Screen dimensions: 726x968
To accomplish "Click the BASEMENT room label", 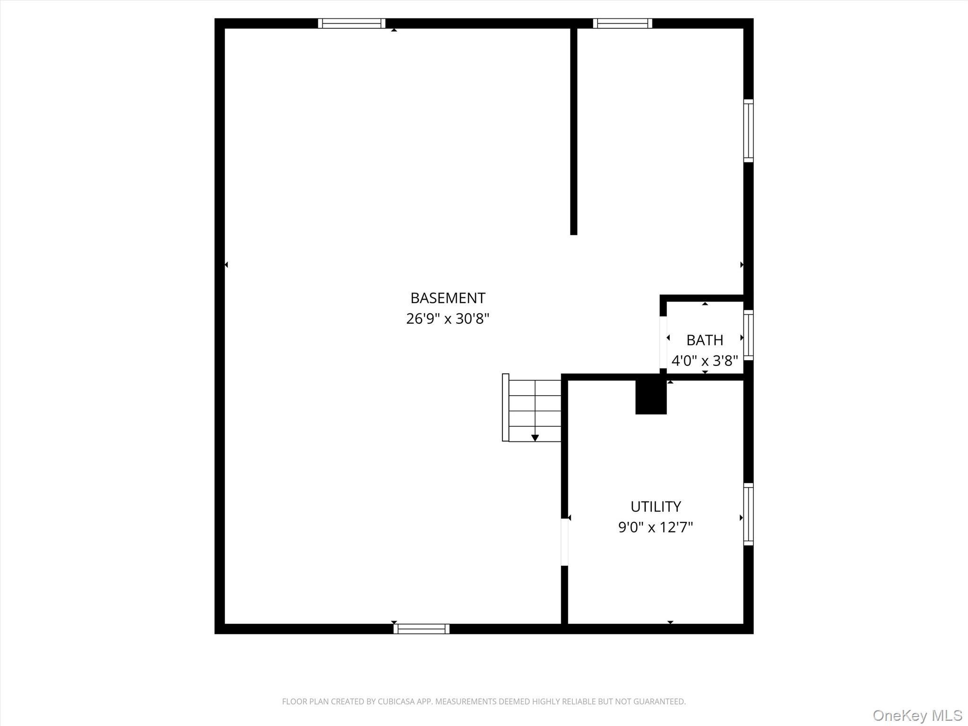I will tap(448, 298).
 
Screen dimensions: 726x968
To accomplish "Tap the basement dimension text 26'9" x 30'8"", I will tap(448, 319).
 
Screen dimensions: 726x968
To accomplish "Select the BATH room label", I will tap(704, 340).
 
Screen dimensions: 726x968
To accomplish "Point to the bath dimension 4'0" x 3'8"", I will tap(704, 361).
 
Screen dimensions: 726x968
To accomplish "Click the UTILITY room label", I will tap(656, 507).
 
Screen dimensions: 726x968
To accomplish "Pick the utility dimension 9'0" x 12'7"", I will tap(656, 527).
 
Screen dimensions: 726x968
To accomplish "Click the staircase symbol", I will tap(532, 408).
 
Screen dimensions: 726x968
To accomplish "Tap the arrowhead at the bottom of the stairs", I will tap(535, 438).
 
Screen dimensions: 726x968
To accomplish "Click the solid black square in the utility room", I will tap(650, 397).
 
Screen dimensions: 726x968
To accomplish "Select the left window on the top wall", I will tap(351, 24).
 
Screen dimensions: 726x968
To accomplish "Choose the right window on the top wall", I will tap(622, 24).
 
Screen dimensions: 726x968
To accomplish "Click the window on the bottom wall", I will tap(421, 629).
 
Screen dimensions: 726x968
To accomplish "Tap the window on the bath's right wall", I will tap(748, 335).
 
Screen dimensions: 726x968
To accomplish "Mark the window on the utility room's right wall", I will tap(748, 514).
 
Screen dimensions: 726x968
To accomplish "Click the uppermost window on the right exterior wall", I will tap(748, 130).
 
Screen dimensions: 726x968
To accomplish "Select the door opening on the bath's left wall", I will tap(663, 342).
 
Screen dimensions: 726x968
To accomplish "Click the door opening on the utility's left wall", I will tap(564, 542).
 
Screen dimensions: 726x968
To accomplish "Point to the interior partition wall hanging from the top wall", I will tap(574, 132).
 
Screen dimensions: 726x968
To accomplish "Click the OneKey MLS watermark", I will tap(917, 715).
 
